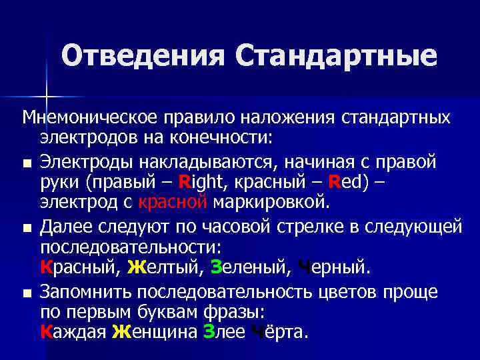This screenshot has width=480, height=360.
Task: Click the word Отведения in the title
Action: pos(144,56)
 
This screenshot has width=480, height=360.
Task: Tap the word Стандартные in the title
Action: pos(336,56)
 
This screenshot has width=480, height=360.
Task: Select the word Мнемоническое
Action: pos(89,119)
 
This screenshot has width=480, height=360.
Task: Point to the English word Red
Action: pos(336,181)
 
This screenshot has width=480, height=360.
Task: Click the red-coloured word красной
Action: pos(173,201)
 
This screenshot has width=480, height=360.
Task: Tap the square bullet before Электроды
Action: pos(26,163)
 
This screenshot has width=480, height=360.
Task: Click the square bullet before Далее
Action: pos(26,228)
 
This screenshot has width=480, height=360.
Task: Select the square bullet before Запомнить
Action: pos(26,293)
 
